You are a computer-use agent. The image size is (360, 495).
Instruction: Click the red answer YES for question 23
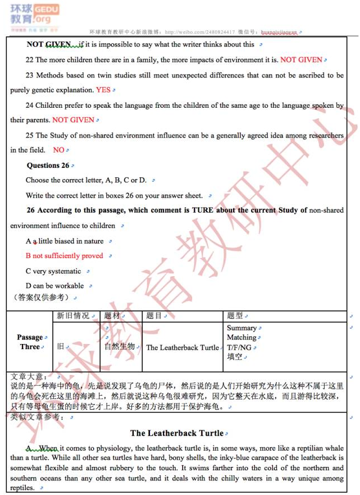pos(103,90)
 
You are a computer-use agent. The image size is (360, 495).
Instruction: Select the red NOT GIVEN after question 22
pos(301,60)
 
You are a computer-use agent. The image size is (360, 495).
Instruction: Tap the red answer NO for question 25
pos(58,150)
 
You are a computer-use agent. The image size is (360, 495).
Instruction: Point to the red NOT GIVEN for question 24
pos(73,120)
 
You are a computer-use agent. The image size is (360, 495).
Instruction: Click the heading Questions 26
pos(48,166)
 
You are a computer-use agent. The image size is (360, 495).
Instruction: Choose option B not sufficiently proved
pos(65,256)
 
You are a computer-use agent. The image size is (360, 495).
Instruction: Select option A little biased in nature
pos(65,241)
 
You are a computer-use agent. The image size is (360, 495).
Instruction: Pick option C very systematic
pos(53,271)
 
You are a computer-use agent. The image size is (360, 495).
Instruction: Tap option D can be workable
pos(54,286)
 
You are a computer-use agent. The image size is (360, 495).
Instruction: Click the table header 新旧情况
pos(73,316)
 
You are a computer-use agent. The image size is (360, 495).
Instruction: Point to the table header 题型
pos(235,316)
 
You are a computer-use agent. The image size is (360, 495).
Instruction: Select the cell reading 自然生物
pos(119,346)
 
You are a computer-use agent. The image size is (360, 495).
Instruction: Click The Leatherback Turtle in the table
pos(183,347)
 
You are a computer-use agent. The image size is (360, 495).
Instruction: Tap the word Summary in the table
pos(241,328)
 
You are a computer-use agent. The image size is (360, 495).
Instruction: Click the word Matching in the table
pos(241,337)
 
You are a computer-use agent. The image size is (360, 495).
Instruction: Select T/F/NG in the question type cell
pos(239,347)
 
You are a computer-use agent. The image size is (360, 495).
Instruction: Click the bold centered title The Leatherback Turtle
pos(177,433)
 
